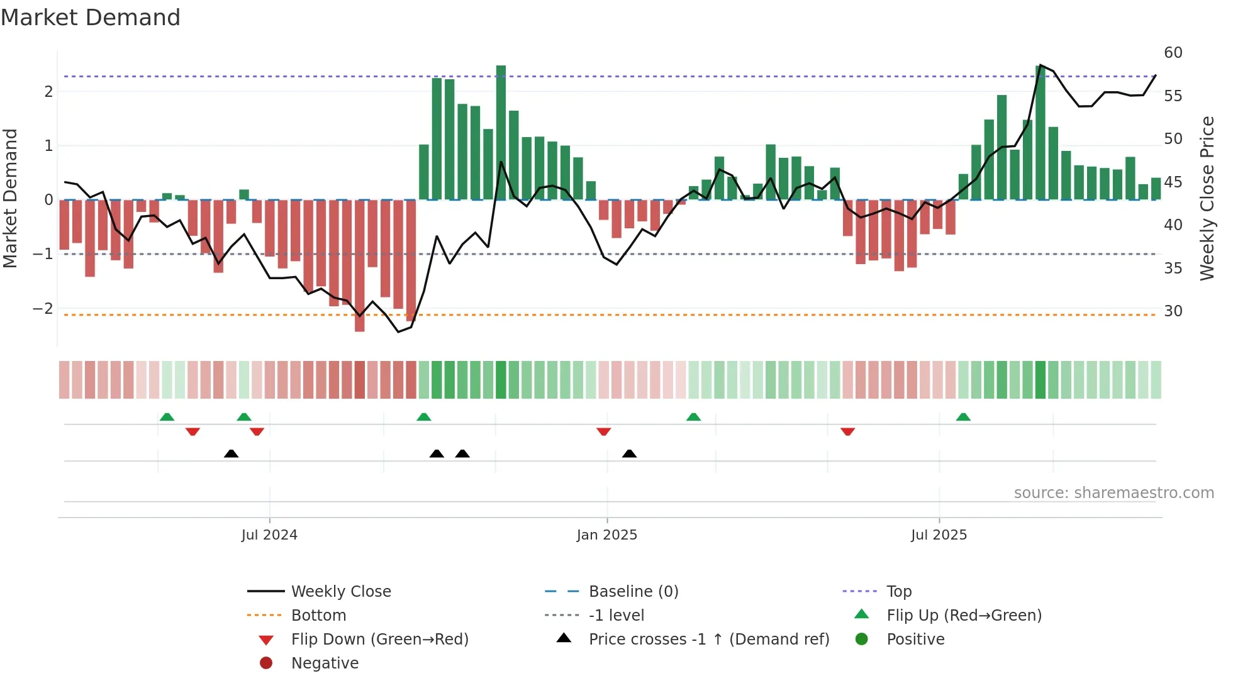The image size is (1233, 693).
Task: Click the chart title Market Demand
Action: click(91, 18)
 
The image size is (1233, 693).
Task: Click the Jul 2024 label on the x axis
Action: click(269, 535)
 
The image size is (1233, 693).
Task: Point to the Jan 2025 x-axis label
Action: click(606, 535)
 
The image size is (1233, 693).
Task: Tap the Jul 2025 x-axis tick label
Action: click(939, 535)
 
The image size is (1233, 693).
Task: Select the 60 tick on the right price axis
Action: click(1173, 53)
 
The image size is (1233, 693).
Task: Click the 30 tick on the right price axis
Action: click(1173, 311)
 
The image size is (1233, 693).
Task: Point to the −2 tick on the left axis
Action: click(43, 309)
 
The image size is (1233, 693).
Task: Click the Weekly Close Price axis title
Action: click(1207, 198)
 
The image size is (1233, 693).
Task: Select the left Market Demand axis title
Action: click(10, 198)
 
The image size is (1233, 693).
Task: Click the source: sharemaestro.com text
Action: click(1113, 493)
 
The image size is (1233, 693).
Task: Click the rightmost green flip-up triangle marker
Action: click(963, 417)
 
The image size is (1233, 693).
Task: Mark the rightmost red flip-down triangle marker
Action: click(847, 431)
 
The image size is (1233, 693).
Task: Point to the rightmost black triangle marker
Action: click(629, 453)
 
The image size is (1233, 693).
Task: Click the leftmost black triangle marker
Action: click(231, 453)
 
